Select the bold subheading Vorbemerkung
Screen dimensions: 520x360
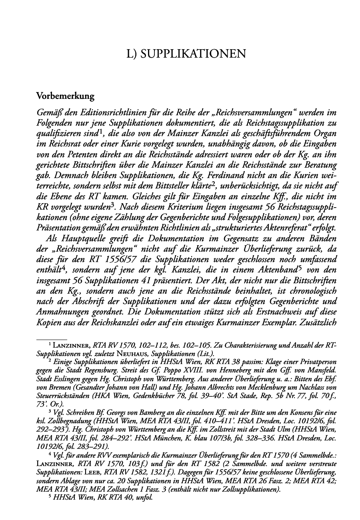(65, 96)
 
